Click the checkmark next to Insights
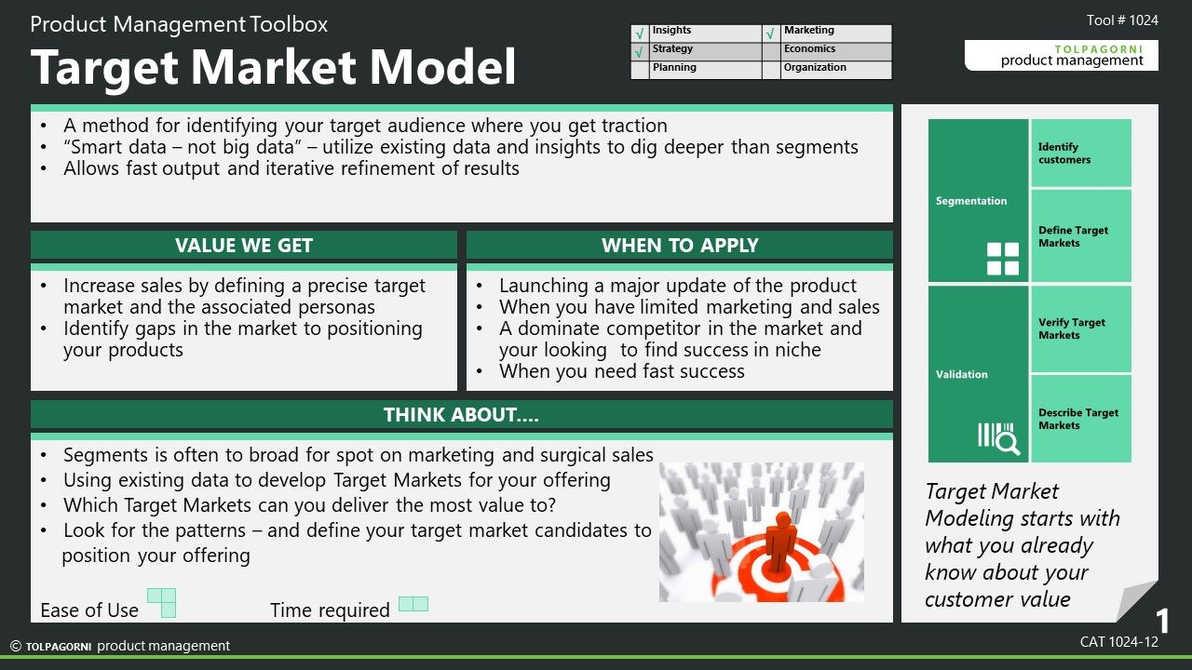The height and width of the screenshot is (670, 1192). pyautogui.click(x=639, y=34)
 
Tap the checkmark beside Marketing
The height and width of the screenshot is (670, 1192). pyautogui.click(x=770, y=34)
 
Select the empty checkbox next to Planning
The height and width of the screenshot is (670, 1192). pyautogui.click(x=640, y=70)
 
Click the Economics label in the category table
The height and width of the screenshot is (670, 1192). pyautogui.click(x=809, y=49)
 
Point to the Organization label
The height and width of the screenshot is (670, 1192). pyautogui.click(x=815, y=68)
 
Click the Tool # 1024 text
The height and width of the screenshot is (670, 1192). pyautogui.click(x=1122, y=20)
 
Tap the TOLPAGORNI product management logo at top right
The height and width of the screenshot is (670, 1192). pyautogui.click(x=1062, y=55)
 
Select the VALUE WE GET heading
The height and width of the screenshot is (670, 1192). pyautogui.click(x=244, y=245)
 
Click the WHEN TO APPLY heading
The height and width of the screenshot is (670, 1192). pyautogui.click(x=680, y=245)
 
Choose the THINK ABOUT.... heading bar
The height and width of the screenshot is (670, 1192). pyautogui.click(x=461, y=415)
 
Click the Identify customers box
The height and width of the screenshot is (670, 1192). pyautogui.click(x=1081, y=154)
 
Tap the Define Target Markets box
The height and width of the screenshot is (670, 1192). pyautogui.click(x=1081, y=236)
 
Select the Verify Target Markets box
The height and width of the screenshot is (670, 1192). pyautogui.click(x=1081, y=329)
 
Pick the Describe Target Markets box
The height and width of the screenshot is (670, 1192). pyautogui.click(x=1081, y=419)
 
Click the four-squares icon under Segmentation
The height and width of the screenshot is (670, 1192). pyautogui.click(x=1003, y=259)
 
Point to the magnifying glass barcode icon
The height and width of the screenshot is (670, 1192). pyautogui.click(x=999, y=438)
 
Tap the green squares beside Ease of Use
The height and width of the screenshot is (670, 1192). pyautogui.click(x=162, y=602)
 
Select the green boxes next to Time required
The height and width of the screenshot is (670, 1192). pyautogui.click(x=413, y=604)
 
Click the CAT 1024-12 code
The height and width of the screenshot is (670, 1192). pyautogui.click(x=1119, y=642)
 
